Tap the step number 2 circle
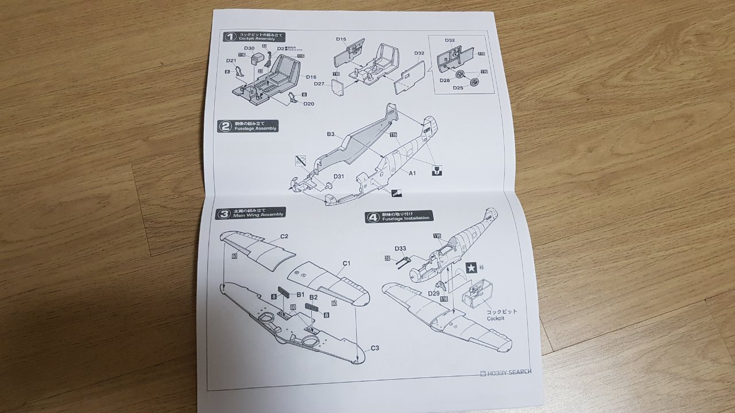click(225, 126)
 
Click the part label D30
click(249, 48)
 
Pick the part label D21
click(231, 60)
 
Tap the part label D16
click(311, 77)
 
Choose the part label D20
click(308, 104)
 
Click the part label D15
click(341, 40)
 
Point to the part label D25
click(458, 88)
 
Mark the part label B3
click(331, 134)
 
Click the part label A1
click(412, 172)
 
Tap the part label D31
click(339, 176)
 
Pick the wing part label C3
click(374, 348)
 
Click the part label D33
click(401, 248)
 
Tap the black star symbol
click(471, 267)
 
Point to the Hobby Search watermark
click(505, 372)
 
